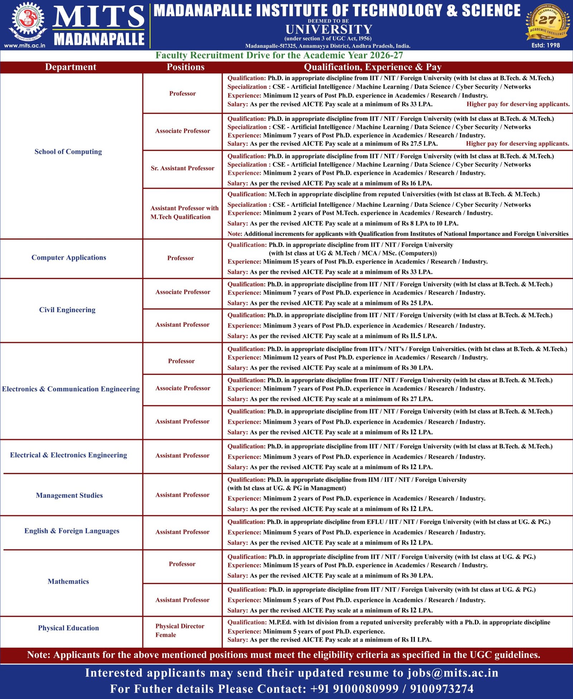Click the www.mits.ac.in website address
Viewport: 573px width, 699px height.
click(x=24, y=45)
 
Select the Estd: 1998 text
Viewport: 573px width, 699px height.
click(x=545, y=45)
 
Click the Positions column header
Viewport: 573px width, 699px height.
click(x=186, y=67)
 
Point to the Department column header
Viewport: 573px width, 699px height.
click(x=71, y=67)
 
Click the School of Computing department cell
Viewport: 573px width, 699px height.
click(x=68, y=151)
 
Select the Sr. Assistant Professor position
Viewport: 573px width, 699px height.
click(x=182, y=168)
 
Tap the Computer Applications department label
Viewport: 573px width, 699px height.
click(x=69, y=257)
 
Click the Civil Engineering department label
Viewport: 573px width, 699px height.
click(x=67, y=310)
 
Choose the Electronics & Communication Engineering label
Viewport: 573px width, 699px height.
click(x=71, y=389)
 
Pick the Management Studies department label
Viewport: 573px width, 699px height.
click(x=69, y=495)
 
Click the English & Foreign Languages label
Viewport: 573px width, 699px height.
click(x=72, y=531)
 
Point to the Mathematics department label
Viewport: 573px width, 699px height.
click(x=68, y=581)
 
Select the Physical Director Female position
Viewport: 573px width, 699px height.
click(x=180, y=630)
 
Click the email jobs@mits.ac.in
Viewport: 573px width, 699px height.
click(x=453, y=673)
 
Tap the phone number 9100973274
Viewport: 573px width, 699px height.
click(x=442, y=689)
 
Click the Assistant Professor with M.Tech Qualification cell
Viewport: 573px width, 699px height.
click(x=184, y=212)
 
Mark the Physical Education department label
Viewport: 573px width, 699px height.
click(x=68, y=628)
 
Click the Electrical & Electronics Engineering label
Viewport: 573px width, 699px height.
click(x=68, y=455)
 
